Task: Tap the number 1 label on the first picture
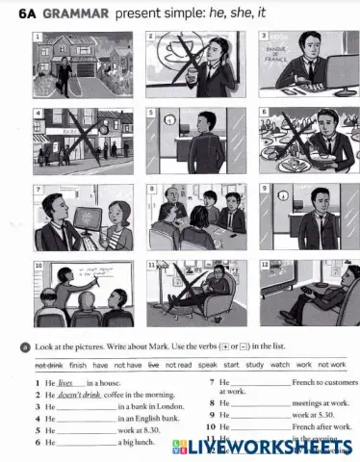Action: (x=39, y=36)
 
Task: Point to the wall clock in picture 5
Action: (x=170, y=121)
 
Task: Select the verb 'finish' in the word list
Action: (x=77, y=366)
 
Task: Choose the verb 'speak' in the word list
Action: (x=209, y=366)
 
